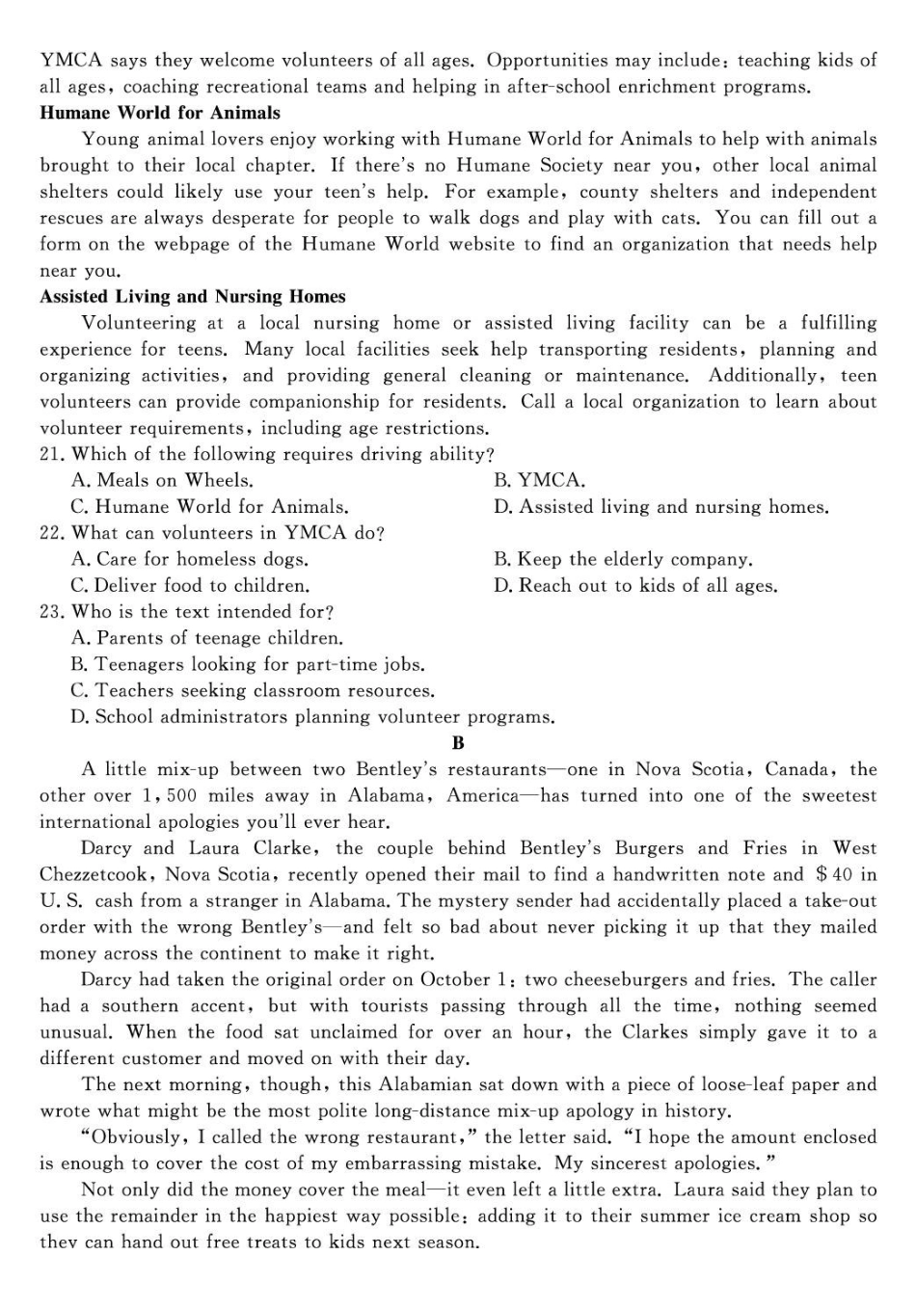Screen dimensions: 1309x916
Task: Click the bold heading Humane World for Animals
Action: [160, 113]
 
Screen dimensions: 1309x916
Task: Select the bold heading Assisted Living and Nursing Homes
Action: [192, 297]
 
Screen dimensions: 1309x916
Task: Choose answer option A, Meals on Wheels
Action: [162, 480]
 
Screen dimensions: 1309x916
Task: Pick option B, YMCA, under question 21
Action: [539, 480]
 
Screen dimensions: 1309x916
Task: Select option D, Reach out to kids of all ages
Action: [635, 585]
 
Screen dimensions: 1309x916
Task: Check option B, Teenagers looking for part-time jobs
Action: [248, 664]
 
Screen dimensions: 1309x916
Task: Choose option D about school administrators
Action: [312, 717]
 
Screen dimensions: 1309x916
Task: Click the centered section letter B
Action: [458, 743]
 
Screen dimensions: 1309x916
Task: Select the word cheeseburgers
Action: [623, 979]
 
